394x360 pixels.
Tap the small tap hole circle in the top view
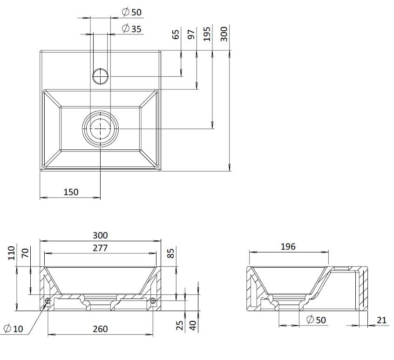pyautogui.click(x=101, y=75)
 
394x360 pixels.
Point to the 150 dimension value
pyautogui.click(x=71, y=191)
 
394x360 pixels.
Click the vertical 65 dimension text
pyautogui.click(x=176, y=34)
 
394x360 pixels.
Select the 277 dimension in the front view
pyautogui.click(x=100, y=248)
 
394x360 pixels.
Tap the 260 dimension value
pyautogui.click(x=100, y=329)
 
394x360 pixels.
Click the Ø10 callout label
pyautogui.click(x=13, y=329)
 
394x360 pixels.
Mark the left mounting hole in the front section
pyautogui.click(x=48, y=301)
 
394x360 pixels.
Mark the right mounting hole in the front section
pyautogui.click(x=153, y=301)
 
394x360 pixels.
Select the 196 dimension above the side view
pyautogui.click(x=288, y=246)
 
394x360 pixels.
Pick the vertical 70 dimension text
pyautogui.click(x=26, y=253)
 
